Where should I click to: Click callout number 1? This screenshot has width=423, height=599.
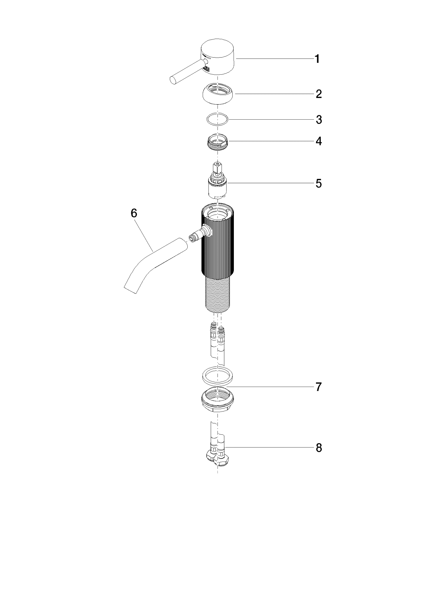pyautogui.click(x=317, y=59)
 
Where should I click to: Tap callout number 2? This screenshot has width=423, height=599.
pyautogui.click(x=318, y=94)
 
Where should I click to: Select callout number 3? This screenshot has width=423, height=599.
pyautogui.click(x=319, y=120)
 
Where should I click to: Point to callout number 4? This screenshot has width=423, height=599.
pyautogui.click(x=319, y=141)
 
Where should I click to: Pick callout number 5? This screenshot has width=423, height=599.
pyautogui.click(x=319, y=184)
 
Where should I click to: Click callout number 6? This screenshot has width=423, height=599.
pyautogui.click(x=134, y=214)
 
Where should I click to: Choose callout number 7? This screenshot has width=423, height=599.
pyautogui.click(x=319, y=387)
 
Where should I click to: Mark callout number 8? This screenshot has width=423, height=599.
pyautogui.click(x=319, y=448)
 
